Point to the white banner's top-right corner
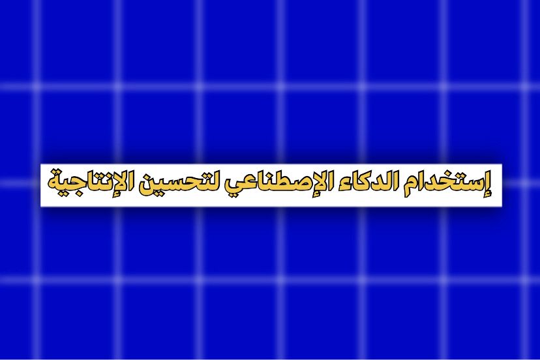pos(502,164)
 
